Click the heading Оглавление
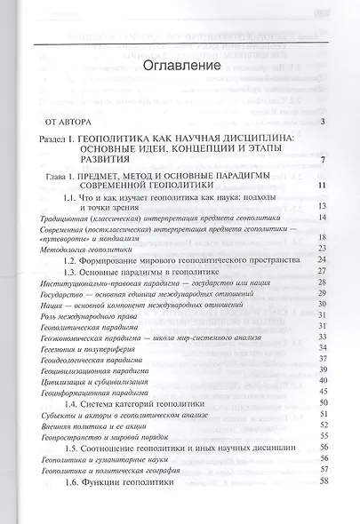(179, 67)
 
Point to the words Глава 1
(73, 179)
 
